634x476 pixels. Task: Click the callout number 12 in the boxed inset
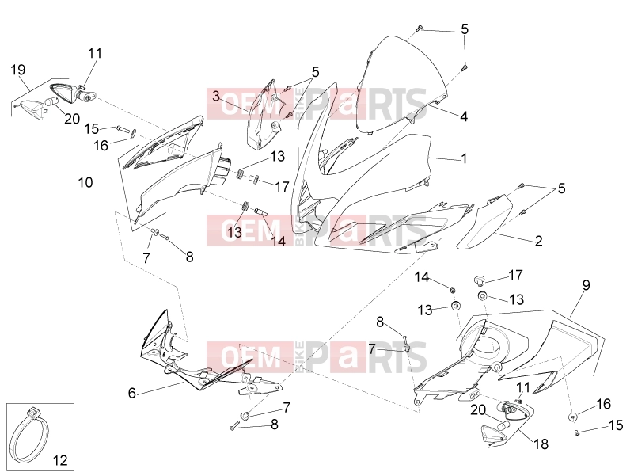pos(60,460)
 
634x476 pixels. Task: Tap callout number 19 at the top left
pos(17,70)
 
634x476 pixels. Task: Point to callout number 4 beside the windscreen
pos(464,116)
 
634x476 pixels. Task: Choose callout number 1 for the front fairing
pos(464,158)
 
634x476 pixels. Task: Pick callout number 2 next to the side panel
pos(538,242)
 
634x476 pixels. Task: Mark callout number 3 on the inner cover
pos(216,97)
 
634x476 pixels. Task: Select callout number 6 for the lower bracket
pos(132,393)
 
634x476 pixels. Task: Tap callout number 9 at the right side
pos(586,285)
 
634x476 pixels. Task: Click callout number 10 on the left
pos(85,183)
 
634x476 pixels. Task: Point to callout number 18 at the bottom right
pos(541,444)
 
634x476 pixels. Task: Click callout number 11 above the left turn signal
pos(95,53)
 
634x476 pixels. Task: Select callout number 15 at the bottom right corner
pos(616,425)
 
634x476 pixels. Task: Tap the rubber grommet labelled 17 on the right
pos(479,280)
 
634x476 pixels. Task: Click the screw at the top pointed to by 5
pos(420,28)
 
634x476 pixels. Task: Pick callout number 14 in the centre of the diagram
pos(278,242)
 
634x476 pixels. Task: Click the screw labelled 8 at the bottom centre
pos(234,425)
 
